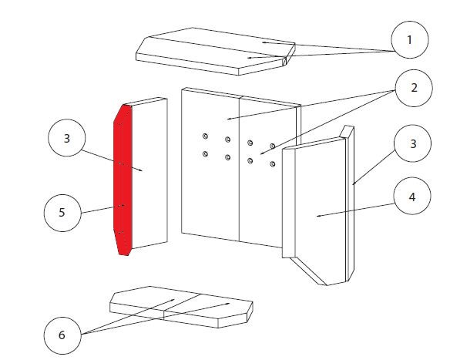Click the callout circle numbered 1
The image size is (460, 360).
coord(410,39)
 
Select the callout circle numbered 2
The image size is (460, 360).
coord(414,88)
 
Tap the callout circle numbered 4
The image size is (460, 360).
coord(412,196)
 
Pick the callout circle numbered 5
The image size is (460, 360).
coord(62,213)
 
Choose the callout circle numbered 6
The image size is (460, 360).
coord(62,335)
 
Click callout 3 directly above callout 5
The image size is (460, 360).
coord(67,138)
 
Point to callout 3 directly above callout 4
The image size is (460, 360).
coord(413,143)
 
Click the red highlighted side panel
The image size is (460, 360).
coord(123,180)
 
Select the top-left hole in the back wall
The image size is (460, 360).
coord(205,136)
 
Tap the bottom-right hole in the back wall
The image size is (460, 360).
coord(273,164)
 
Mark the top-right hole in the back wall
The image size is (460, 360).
coord(273,146)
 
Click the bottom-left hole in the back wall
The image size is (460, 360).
coord(205,153)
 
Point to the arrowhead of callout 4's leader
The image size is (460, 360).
coord(318,216)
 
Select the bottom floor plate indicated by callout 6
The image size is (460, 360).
coord(181,307)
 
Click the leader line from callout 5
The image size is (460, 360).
coord(98,210)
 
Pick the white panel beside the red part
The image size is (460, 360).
coord(149,173)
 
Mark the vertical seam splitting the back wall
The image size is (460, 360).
coord(240,170)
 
